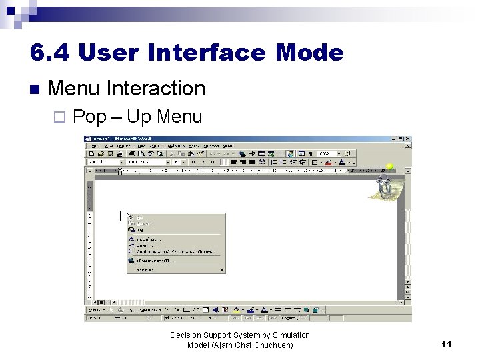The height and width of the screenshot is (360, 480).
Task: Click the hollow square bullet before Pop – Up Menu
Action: pyautogui.click(x=59, y=118)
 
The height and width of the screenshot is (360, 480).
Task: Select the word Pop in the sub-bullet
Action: pyautogui.click(x=89, y=117)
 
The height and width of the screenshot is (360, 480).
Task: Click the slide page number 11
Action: pyautogui.click(x=446, y=344)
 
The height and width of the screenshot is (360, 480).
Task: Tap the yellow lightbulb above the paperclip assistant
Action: pyautogui.click(x=389, y=167)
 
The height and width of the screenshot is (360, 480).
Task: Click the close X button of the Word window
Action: pyautogui.click(x=408, y=139)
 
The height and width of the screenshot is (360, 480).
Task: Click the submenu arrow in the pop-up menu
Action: pyautogui.click(x=222, y=270)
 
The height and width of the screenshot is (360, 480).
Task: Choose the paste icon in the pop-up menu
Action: pyautogui.click(x=131, y=229)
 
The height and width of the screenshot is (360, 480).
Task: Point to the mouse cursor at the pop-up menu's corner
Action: pyautogui.click(x=128, y=215)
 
